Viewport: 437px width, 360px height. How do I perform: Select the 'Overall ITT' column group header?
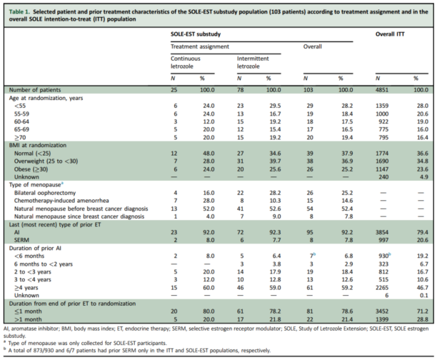(390, 34)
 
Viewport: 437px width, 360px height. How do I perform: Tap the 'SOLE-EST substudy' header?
(195, 34)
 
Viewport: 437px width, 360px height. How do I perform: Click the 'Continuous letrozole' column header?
(185, 62)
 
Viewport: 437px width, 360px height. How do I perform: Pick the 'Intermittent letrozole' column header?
(253, 62)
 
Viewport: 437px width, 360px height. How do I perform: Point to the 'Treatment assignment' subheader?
(199, 47)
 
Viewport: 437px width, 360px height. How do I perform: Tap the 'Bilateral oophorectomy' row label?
(45, 193)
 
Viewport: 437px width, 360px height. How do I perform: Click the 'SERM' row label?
(21, 240)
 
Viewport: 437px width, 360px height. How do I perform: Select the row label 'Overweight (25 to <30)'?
(46, 161)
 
